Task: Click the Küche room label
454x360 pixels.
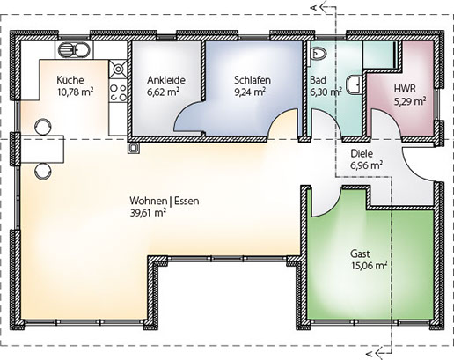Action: coord(70,80)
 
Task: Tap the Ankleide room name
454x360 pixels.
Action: coord(166,80)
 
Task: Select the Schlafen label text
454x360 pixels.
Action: coord(253,80)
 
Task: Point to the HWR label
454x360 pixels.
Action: coord(405,88)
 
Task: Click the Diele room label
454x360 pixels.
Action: coord(362,153)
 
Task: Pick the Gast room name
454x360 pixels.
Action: coord(360,253)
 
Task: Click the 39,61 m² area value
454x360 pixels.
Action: coord(148,213)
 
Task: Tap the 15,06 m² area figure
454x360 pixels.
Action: coord(370,266)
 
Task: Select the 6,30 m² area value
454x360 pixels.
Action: coord(326,92)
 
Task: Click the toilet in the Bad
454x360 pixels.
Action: coord(319,54)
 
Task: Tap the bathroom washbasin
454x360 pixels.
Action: coord(354,84)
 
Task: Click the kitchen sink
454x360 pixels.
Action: coord(73,50)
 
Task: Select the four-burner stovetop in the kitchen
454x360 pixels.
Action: coord(118,92)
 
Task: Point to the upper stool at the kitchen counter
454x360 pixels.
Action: coord(43,127)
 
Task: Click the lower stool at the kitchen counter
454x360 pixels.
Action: coord(43,172)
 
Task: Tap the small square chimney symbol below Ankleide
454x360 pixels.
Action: coord(134,148)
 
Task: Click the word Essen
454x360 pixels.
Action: coord(187,201)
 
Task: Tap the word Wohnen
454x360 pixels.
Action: coord(149,201)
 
